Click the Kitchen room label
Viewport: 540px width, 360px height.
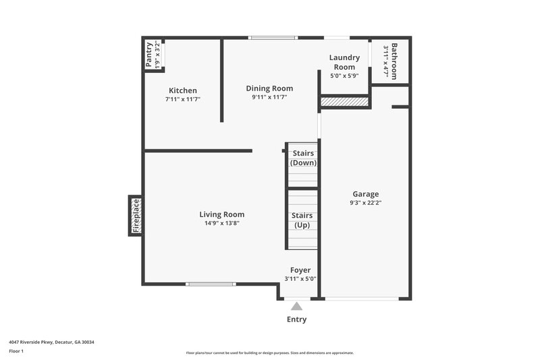(183, 91)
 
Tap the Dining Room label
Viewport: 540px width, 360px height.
(269, 88)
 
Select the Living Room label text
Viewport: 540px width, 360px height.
(221, 215)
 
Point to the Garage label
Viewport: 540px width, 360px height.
(364, 194)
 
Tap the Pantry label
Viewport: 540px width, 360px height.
(149, 55)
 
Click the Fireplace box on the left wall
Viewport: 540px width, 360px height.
(136, 215)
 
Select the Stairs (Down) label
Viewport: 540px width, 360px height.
(303, 158)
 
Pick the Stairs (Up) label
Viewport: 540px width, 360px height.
(302, 220)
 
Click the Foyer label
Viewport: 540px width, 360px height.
(300, 270)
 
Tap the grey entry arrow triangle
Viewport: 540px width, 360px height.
(297, 306)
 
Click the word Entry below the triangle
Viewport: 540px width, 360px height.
(297, 319)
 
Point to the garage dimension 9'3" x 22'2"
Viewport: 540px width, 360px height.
(364, 203)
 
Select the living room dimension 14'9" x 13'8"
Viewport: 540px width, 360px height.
(221, 223)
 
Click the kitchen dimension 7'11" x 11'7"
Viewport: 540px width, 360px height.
(183, 99)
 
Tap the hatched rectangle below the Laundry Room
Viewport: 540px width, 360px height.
(344, 102)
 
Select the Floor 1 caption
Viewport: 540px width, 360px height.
(16, 352)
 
